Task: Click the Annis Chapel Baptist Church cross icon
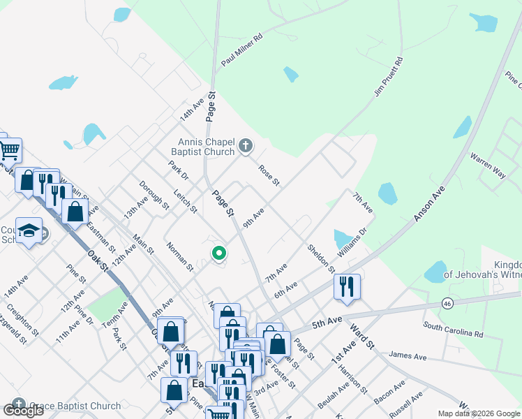[x=245, y=146]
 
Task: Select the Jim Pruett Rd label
[x=389, y=76]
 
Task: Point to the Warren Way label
[x=487, y=166]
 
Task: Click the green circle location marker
[x=219, y=253]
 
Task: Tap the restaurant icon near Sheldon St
[x=347, y=285]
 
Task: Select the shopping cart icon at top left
[x=9, y=149]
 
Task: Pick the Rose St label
[x=269, y=175]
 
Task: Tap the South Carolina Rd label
[x=453, y=330]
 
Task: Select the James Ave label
[x=408, y=357]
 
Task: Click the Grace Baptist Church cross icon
[x=18, y=404]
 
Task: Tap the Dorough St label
[x=154, y=196]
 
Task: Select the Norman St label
[x=180, y=256]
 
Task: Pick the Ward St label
[x=362, y=335]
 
